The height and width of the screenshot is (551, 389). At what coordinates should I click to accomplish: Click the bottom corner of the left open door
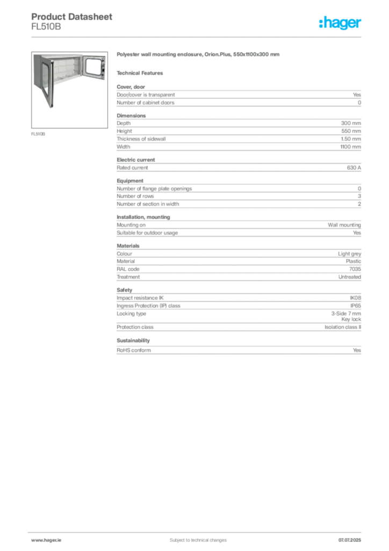point(53,109)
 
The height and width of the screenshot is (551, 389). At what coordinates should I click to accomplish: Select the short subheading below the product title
point(142,73)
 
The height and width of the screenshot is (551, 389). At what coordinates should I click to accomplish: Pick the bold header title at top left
point(73,16)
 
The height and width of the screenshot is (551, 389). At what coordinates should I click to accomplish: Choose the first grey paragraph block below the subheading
point(239,97)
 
